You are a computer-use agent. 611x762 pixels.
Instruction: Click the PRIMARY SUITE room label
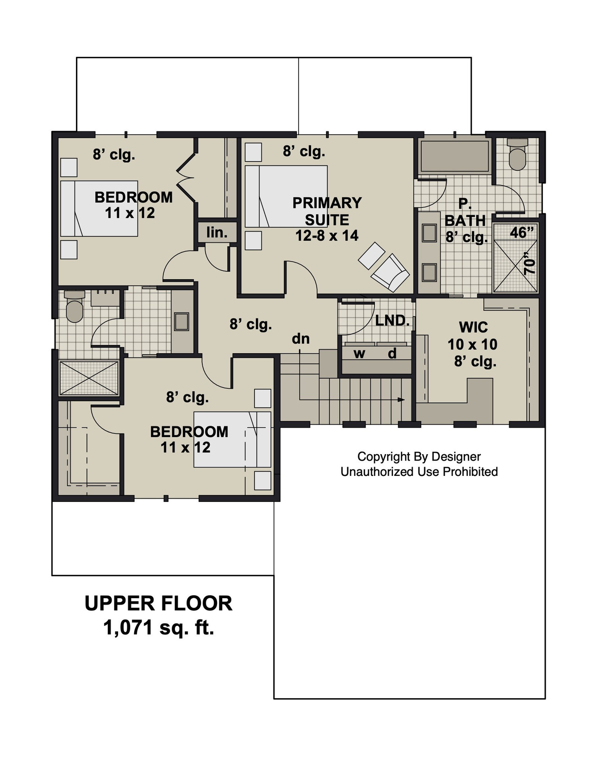click(x=327, y=211)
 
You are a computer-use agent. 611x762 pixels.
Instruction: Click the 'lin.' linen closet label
click(x=217, y=232)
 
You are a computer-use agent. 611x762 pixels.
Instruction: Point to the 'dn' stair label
click(x=300, y=339)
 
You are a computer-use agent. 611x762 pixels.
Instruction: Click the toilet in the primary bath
click(x=517, y=155)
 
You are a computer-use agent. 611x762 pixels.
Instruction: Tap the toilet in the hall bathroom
click(x=74, y=307)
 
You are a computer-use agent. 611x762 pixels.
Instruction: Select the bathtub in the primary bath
click(x=454, y=156)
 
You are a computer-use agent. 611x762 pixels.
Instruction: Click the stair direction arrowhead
click(x=401, y=399)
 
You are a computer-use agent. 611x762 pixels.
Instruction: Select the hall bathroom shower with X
click(x=89, y=378)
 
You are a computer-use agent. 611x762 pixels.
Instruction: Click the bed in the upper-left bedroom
click(x=99, y=208)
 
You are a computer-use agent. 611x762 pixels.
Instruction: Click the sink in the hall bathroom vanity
click(x=181, y=321)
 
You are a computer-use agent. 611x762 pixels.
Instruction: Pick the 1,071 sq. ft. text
click(x=159, y=628)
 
